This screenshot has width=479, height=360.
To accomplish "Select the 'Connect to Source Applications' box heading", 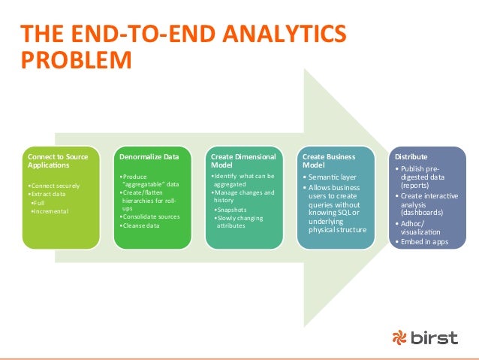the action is [58, 161].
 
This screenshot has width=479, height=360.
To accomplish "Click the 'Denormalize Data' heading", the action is [149, 156].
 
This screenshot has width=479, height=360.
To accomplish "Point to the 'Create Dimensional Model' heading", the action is [243, 161].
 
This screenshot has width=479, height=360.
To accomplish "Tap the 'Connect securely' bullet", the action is [53, 186].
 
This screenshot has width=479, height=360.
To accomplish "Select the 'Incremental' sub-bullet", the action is [51, 211].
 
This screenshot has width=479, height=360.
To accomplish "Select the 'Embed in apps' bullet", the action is [421, 243].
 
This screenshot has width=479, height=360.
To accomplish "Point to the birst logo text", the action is [435, 338].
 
